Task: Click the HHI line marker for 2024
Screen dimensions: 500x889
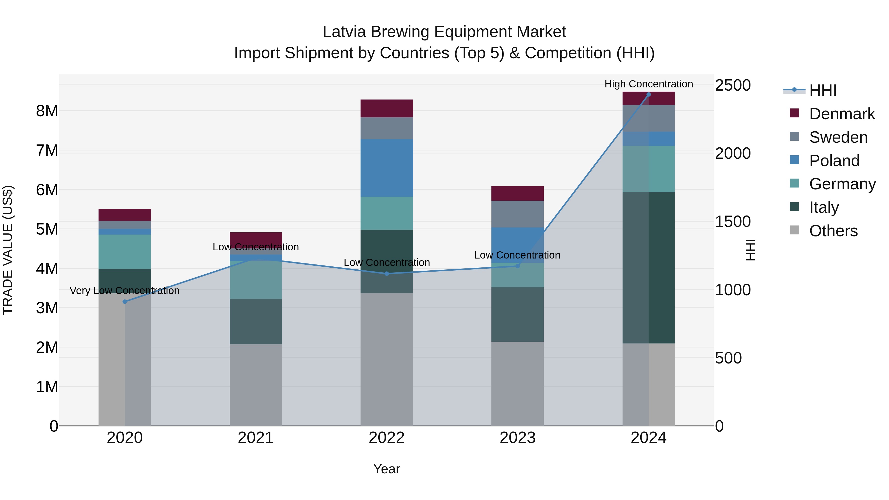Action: (648, 95)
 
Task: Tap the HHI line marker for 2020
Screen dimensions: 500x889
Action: (125, 301)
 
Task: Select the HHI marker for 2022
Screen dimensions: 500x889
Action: (386, 274)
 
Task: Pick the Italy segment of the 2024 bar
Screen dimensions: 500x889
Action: (648, 267)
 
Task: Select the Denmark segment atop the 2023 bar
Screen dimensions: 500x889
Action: (517, 194)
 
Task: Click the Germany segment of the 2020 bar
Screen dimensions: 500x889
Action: (125, 252)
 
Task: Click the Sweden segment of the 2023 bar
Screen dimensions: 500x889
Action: (517, 214)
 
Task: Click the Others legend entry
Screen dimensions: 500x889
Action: (833, 231)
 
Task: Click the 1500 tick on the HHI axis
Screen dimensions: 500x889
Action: (732, 221)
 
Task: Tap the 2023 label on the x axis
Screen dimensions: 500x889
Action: (517, 438)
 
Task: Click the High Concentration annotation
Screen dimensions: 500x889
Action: (648, 84)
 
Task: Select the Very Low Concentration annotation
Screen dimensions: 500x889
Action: (125, 291)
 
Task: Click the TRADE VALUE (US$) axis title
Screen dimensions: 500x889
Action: (8, 250)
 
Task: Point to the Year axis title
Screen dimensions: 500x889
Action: (386, 469)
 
